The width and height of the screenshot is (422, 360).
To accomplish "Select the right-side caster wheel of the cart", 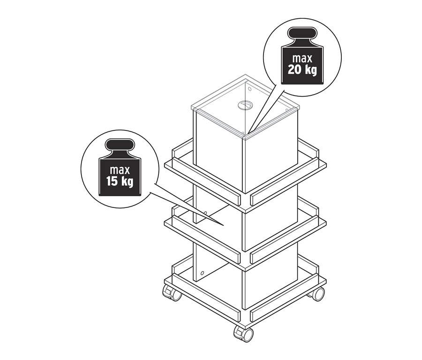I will [x=317, y=294].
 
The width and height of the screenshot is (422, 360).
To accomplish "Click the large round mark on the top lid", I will [x=244, y=106].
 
